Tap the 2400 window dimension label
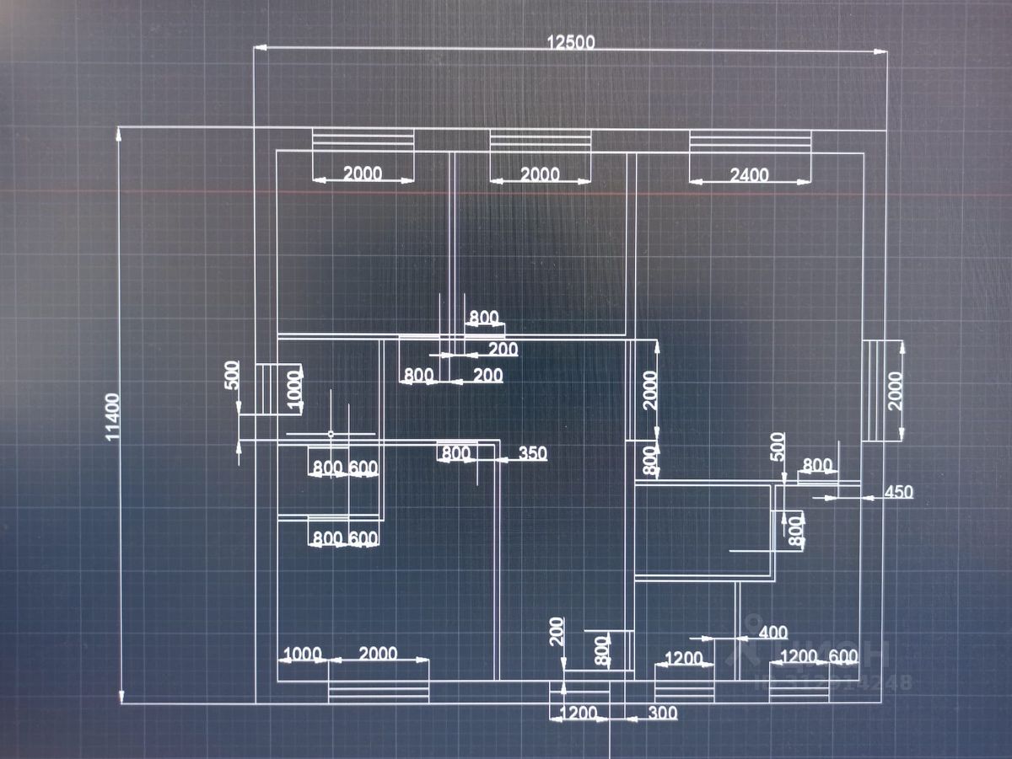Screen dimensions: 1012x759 pyautogui.click(x=749, y=174)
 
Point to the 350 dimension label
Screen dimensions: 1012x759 pyautogui.click(x=533, y=453)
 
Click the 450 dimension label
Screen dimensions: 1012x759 pyautogui.click(x=898, y=492)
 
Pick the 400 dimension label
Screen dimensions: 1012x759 pyautogui.click(x=773, y=632)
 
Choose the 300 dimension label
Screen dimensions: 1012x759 pyautogui.click(x=663, y=714)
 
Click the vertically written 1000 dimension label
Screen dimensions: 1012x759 pyautogui.click(x=294, y=389)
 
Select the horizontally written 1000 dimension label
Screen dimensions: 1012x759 pyautogui.click(x=302, y=655)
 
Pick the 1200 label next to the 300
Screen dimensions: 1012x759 pyautogui.click(x=578, y=714)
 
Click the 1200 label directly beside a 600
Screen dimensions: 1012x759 pyautogui.click(x=799, y=656)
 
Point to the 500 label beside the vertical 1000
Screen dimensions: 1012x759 pyautogui.click(x=232, y=375)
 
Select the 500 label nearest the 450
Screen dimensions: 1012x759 pyautogui.click(x=778, y=446)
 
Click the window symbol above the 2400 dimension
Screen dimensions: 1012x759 pyautogui.click(x=750, y=142)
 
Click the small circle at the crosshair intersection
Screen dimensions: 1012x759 pyautogui.click(x=331, y=434)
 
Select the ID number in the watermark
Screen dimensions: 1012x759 pyautogui.click(x=835, y=682)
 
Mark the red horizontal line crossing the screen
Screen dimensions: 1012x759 pyautogui.click(x=506, y=193)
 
